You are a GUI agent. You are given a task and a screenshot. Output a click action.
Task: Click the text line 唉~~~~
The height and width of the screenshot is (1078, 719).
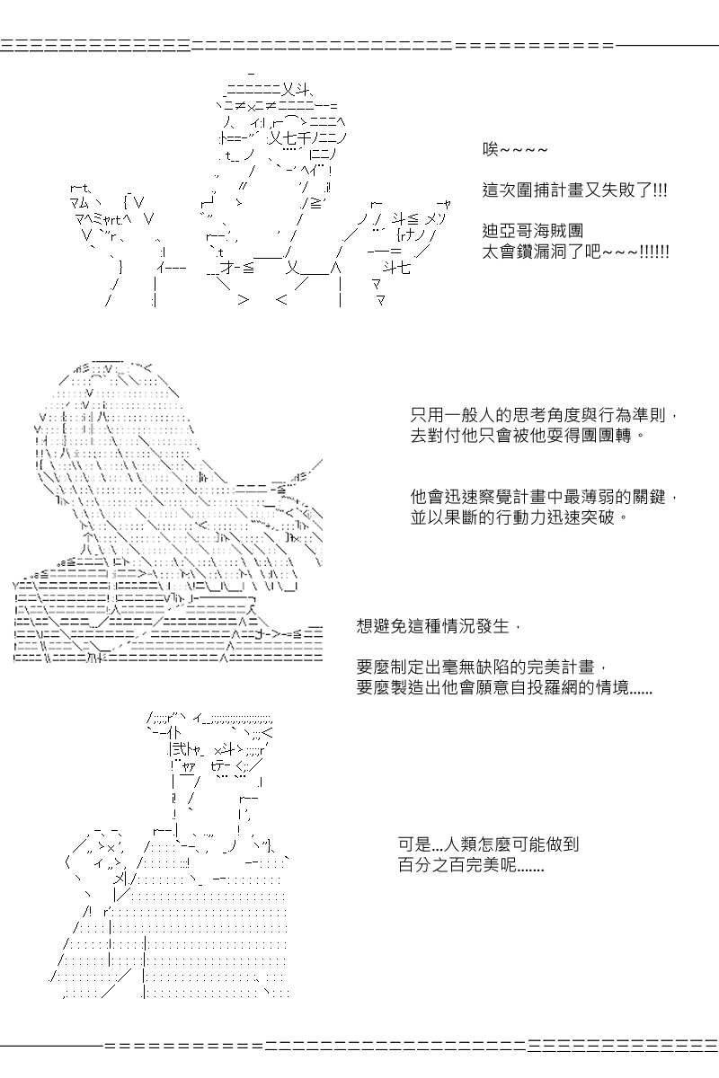point(515,150)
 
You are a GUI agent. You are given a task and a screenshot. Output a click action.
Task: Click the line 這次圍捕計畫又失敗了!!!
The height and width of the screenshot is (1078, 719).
point(574,190)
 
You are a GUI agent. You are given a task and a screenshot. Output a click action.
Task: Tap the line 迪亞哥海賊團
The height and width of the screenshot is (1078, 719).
point(533,231)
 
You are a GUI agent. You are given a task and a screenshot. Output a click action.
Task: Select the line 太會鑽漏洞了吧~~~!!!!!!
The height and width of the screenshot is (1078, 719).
point(575,252)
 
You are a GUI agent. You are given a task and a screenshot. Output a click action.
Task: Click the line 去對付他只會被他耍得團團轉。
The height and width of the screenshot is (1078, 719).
point(528,436)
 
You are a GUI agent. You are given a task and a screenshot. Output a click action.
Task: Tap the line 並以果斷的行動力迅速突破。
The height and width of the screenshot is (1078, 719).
point(519,517)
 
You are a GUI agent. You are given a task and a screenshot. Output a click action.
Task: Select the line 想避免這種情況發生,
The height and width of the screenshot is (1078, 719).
point(439,626)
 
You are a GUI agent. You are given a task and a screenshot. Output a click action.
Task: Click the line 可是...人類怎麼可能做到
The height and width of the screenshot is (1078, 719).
point(488,844)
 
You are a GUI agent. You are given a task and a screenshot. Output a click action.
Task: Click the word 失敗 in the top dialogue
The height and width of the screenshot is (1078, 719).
point(618,190)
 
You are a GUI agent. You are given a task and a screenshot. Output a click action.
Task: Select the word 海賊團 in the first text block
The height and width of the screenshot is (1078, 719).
point(558,231)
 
